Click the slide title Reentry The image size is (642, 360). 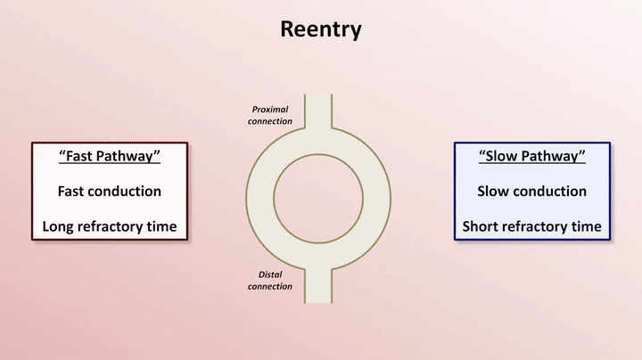(x=321, y=29)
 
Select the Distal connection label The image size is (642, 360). (x=269, y=281)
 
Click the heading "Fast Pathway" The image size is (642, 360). (x=109, y=157)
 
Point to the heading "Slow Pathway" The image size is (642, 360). (x=531, y=157)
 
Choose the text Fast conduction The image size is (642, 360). (x=109, y=192)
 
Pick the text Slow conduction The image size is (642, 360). (x=531, y=192)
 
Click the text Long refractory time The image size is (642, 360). (x=109, y=226)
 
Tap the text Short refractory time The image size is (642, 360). (x=531, y=226)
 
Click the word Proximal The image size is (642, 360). (x=269, y=110)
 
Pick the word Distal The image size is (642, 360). (x=270, y=275)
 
